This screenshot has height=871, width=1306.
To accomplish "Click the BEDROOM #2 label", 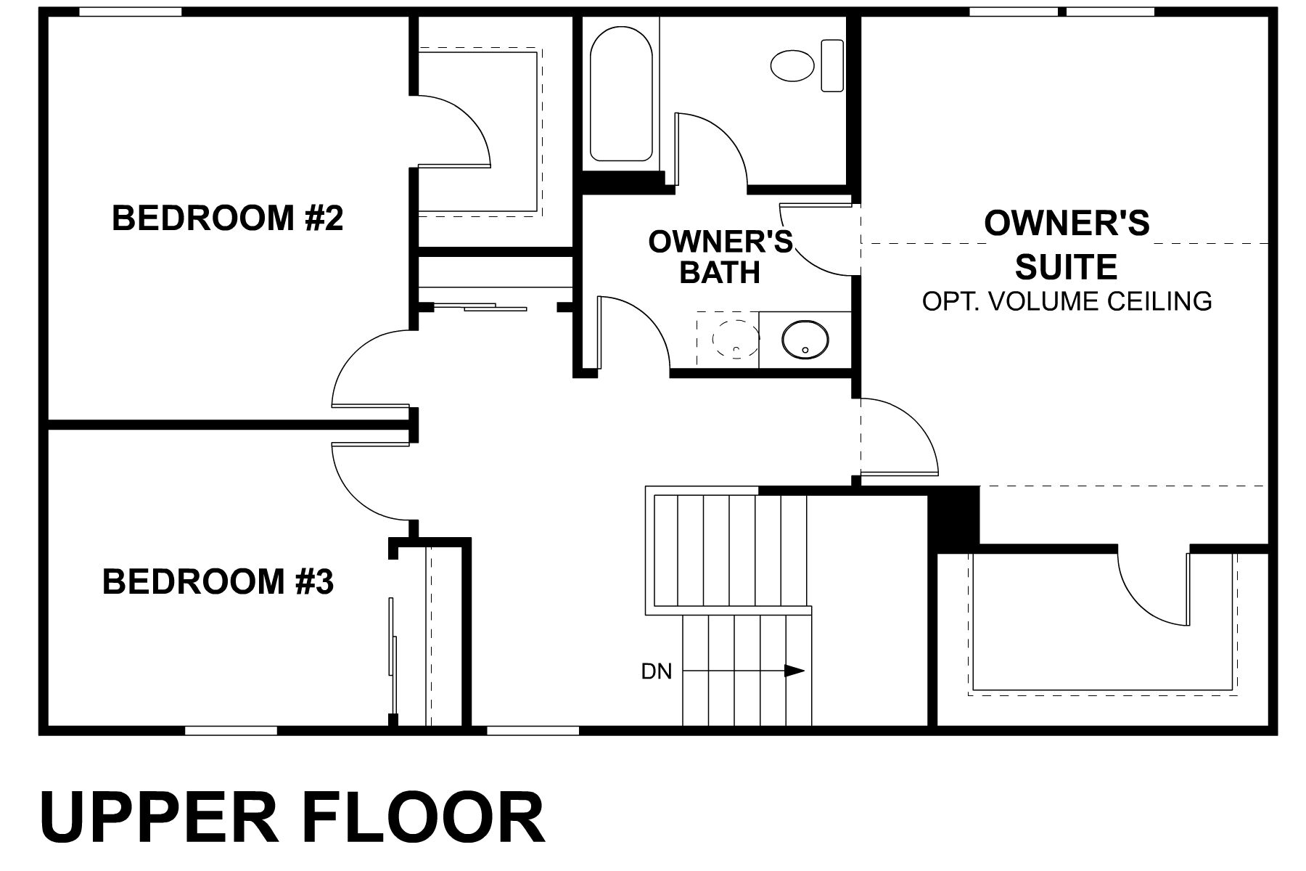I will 227,218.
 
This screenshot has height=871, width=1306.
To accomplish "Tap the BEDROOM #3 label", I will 218,581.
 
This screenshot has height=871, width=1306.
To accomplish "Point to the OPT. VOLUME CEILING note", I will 1067,300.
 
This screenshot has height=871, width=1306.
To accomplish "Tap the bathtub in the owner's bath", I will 620,94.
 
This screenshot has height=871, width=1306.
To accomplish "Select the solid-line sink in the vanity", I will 805,340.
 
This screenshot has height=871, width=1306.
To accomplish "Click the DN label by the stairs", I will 656,671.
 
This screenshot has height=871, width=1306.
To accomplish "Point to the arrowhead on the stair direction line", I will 795,671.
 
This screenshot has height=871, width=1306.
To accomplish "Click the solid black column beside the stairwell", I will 954,517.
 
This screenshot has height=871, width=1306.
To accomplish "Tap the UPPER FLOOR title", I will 292,818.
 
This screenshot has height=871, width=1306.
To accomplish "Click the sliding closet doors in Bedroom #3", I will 393,657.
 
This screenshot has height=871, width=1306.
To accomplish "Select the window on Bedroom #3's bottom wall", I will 231,730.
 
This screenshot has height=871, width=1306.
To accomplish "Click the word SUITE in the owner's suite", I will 1066,267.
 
